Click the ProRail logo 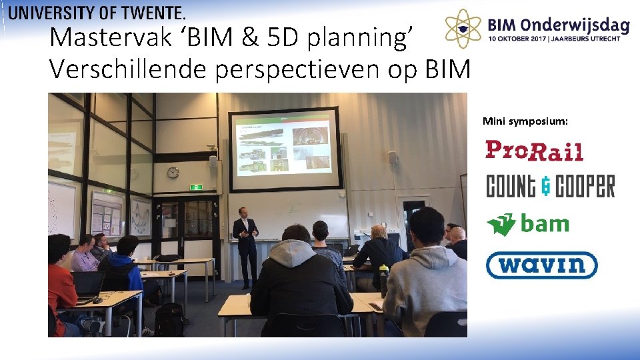534,151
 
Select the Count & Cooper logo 550,187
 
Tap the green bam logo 527,224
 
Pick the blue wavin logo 541,265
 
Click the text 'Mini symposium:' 525,121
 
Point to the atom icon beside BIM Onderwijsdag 463,29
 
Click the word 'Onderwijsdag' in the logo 583,25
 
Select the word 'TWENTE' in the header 151,12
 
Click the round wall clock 173,173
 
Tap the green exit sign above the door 196,187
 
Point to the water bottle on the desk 383,279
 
